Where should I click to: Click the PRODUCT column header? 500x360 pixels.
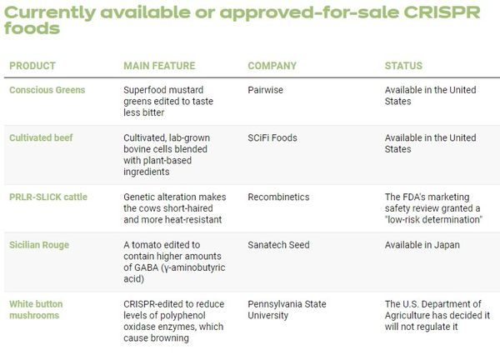point(32,66)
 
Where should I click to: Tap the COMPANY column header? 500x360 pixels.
point(272,66)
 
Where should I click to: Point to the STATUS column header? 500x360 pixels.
point(403,66)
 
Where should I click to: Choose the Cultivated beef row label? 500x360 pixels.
point(41,137)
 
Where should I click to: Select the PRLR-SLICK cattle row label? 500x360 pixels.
point(47,197)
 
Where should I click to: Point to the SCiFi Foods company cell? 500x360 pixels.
point(272,137)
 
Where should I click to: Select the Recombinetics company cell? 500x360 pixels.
point(278,197)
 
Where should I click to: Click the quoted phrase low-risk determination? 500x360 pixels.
point(434,221)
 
